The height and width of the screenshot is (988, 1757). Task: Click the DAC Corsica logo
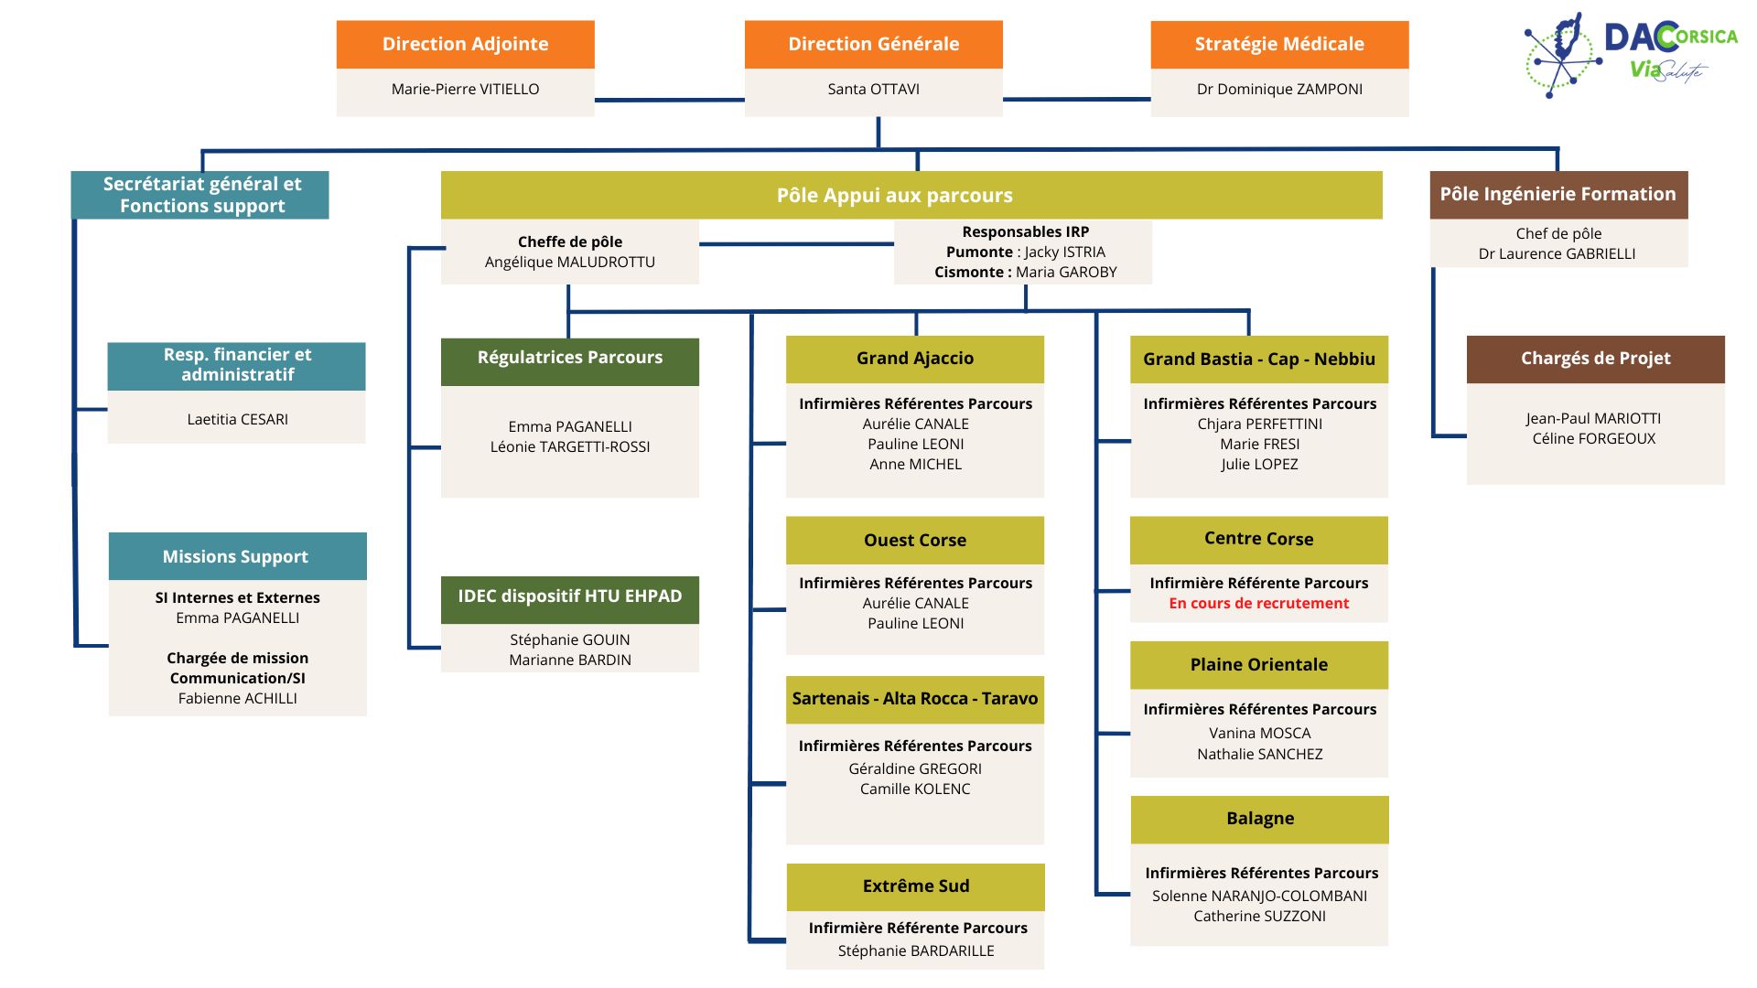click(x=1630, y=54)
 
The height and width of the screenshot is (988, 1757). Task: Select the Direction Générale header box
click(x=874, y=44)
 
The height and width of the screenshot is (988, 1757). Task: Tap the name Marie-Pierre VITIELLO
click(x=465, y=89)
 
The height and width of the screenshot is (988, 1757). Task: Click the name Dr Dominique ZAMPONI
click(x=1279, y=89)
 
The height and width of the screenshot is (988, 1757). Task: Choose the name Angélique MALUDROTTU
click(x=570, y=262)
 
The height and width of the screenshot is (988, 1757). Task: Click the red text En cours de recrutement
click(x=1259, y=603)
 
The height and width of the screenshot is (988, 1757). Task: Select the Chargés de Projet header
click(x=1596, y=359)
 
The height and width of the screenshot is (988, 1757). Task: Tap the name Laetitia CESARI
click(x=238, y=419)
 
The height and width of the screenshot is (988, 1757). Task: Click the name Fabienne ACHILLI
click(x=238, y=698)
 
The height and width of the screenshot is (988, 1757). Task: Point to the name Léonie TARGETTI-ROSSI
click(x=570, y=446)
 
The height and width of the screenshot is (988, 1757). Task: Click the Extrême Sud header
click(x=915, y=886)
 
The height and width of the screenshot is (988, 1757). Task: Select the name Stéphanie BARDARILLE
click(x=916, y=950)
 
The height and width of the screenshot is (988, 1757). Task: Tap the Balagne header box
click(x=1260, y=819)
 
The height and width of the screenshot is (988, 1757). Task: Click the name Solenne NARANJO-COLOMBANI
click(x=1260, y=896)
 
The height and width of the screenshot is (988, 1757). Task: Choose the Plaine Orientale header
click(x=1259, y=665)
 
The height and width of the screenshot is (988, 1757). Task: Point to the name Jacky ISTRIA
click(x=1065, y=252)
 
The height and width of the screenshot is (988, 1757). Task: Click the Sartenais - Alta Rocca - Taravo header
click(x=915, y=699)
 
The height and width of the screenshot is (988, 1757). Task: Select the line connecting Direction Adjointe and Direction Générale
click(x=670, y=100)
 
